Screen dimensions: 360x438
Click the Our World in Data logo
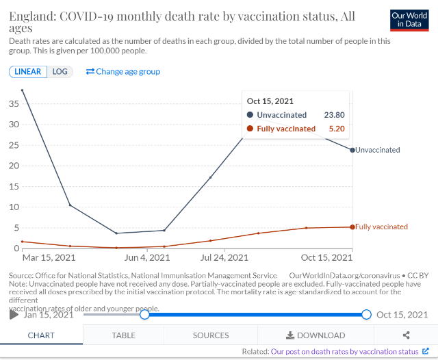coord(409,20)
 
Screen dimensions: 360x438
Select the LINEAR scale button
coord(28,71)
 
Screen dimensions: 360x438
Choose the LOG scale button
coord(60,71)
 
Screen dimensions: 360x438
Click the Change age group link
coord(123,71)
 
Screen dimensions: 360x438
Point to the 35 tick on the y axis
coord(13,103)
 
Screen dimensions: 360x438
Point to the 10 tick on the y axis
coord(13,207)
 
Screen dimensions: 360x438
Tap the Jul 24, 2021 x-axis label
coord(224,258)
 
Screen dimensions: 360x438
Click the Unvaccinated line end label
coord(378,150)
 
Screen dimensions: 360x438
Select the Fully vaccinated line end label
coord(382,227)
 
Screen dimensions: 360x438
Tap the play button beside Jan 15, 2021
coord(14,315)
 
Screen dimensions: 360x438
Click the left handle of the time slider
coord(144,314)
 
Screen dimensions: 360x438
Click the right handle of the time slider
coord(366,314)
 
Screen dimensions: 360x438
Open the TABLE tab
coord(123,335)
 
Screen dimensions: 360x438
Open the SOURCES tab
coord(211,335)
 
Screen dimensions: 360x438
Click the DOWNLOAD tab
coord(315,335)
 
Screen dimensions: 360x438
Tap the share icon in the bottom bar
coord(407,335)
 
